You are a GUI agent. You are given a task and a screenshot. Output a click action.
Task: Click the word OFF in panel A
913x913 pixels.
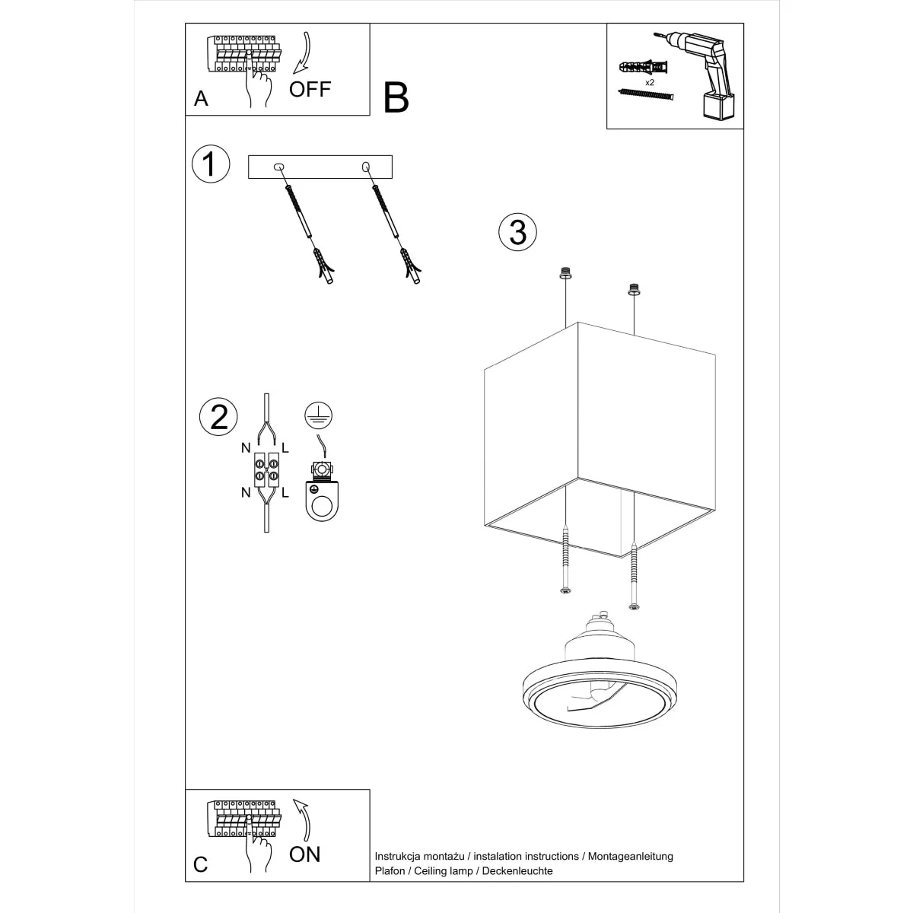pyautogui.click(x=310, y=89)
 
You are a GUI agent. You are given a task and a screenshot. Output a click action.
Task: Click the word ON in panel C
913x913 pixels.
pyautogui.click(x=305, y=854)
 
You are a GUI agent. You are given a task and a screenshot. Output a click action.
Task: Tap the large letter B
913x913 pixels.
pyautogui.click(x=396, y=98)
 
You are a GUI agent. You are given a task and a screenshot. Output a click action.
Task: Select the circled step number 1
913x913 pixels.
pyautogui.click(x=210, y=164)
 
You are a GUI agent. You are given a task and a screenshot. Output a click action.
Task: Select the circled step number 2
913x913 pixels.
pyautogui.click(x=218, y=417)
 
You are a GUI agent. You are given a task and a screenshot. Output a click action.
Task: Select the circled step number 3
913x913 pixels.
pyautogui.click(x=517, y=232)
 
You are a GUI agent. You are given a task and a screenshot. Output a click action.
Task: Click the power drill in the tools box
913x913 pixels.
pyautogui.click(x=705, y=75)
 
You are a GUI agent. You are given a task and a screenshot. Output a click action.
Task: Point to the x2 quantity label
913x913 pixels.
pyautogui.click(x=651, y=81)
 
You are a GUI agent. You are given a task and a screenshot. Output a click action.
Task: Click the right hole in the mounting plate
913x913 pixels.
pyautogui.click(x=366, y=167)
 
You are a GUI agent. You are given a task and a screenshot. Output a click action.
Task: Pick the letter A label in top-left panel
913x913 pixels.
pyautogui.click(x=201, y=99)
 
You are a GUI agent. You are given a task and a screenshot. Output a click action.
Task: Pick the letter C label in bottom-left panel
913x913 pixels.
pyautogui.click(x=201, y=865)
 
